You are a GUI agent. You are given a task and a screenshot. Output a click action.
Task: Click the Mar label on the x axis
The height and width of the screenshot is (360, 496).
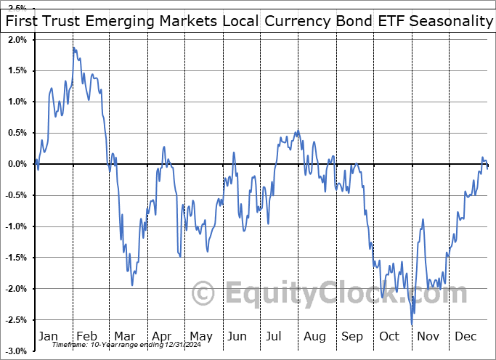(x=123, y=336)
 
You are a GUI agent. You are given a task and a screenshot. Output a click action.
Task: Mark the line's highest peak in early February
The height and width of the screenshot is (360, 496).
(x=73, y=48)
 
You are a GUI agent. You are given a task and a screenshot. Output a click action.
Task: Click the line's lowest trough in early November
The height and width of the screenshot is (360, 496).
(x=412, y=324)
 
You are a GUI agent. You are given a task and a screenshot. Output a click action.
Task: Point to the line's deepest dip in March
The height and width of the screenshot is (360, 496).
(x=132, y=285)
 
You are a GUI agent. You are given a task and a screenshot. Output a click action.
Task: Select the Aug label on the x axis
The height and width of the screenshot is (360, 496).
(x=315, y=336)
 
